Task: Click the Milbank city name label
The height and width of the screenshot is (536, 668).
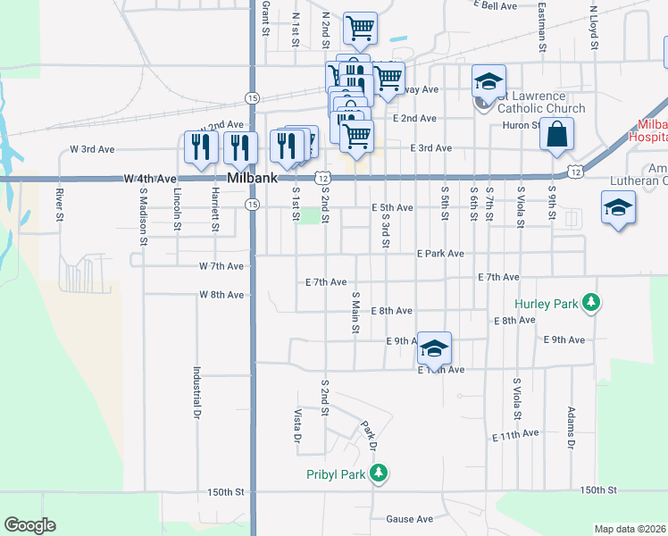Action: pos(247,179)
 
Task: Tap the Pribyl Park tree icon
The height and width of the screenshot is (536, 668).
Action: pos(379,473)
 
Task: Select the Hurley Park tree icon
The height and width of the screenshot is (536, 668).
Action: pos(590,303)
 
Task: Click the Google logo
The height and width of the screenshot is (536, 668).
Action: pos(29,524)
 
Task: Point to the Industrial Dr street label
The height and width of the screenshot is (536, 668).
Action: pos(196,393)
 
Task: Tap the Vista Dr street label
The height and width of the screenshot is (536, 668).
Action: pos(298,427)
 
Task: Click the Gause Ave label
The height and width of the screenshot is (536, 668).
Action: pos(409,519)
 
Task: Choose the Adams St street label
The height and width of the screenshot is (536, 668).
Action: pos(571,428)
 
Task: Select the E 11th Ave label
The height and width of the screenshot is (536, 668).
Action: pos(515,434)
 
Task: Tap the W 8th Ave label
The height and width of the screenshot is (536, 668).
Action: pos(221,294)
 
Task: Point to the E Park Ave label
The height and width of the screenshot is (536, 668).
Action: pos(440,254)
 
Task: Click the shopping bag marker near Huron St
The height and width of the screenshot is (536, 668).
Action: pos(556,135)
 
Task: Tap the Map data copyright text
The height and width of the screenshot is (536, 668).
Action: pos(630,529)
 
